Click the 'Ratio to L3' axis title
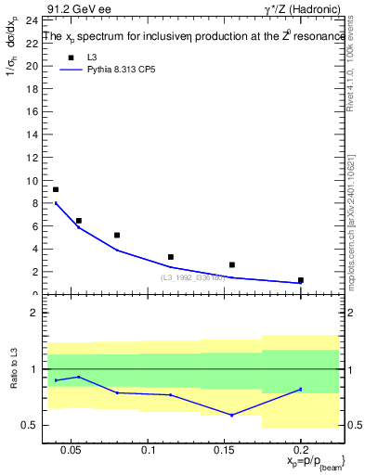click(x=14, y=382)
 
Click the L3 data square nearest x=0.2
click(x=301, y=279)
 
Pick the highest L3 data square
click(x=56, y=189)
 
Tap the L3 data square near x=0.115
click(x=171, y=257)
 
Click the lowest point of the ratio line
click(x=232, y=415)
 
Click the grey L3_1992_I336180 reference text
click(x=193, y=277)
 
